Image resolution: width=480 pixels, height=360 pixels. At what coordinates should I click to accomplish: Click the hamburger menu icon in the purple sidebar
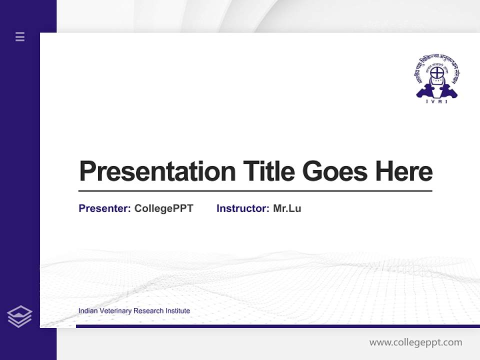pos(20,36)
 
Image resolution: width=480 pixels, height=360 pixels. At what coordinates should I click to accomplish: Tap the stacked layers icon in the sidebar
pos(19,316)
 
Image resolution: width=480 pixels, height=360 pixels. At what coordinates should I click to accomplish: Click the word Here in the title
pos(404,171)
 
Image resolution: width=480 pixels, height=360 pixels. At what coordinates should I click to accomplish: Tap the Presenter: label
pos(104,208)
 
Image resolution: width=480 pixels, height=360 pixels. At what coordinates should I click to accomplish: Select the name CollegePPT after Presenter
pos(163,208)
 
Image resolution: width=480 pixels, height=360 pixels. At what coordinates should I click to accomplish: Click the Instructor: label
pos(242,208)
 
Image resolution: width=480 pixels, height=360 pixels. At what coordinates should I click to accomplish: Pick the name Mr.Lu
pos(287,208)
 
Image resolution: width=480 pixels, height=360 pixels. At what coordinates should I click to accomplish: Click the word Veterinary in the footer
pos(115,311)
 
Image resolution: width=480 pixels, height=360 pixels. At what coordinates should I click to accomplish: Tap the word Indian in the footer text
pos(87,311)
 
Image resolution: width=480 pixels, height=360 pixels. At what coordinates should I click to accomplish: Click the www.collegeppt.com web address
pos(415,342)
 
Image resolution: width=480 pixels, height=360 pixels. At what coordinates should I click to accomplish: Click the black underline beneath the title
pos(255,191)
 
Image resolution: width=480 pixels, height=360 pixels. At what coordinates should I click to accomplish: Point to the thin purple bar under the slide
pos(277,326)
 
